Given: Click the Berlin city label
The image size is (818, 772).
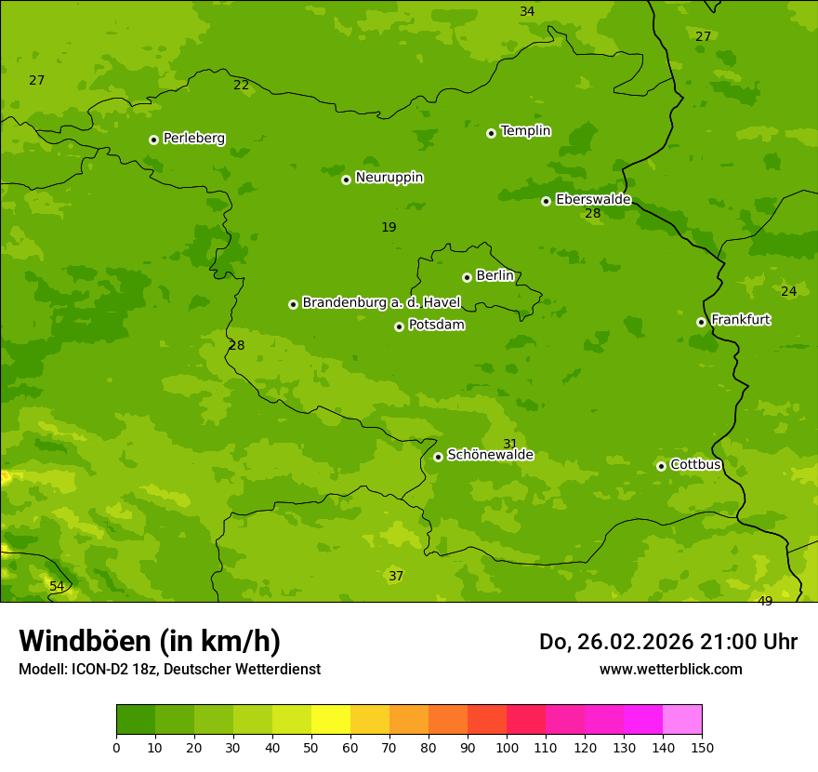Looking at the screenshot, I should click(495, 276).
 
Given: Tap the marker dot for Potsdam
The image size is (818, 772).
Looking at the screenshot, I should click(399, 326).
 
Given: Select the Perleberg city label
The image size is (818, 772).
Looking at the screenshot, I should click(193, 139).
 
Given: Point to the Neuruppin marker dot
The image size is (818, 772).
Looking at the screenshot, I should click(346, 180).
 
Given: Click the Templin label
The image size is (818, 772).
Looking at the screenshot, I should click(525, 131).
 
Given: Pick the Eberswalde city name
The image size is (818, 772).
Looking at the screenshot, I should click(593, 200).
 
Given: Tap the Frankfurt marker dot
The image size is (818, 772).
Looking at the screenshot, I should click(701, 322).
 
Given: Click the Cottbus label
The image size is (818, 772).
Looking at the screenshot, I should click(695, 464).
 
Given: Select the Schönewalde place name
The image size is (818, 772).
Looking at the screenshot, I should click(490, 455).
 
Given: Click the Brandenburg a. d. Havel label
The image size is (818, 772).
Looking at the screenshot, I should click(381, 303).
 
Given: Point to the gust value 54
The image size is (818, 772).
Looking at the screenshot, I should click(57, 587).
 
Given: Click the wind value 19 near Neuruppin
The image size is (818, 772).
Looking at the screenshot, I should click(389, 228).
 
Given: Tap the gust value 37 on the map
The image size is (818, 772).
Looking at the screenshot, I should click(396, 577).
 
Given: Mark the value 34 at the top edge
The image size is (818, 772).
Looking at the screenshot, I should click(527, 12).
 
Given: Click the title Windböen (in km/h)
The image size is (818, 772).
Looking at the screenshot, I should click(150, 641).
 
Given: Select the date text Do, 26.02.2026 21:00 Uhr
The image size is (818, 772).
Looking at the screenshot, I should click(667, 642).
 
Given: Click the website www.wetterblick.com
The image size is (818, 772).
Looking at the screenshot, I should click(670, 670).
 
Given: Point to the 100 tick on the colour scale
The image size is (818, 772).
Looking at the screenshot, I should click(507, 747).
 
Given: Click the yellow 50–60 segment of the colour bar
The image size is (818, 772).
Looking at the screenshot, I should click(331, 720).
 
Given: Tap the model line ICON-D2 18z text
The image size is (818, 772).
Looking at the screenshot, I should click(169, 670).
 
